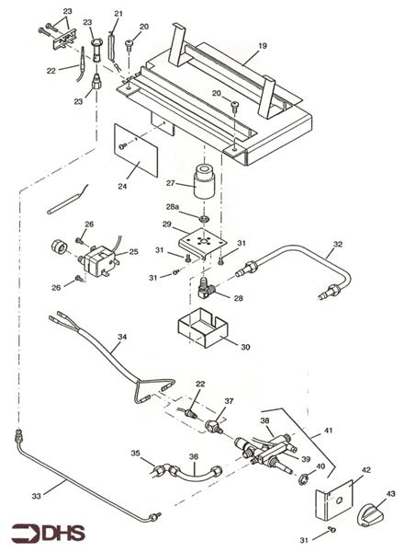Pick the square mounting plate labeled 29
pyautogui.click(x=203, y=241)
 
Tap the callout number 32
pyautogui.click(x=338, y=245)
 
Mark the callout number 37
pyautogui.click(x=230, y=401)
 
